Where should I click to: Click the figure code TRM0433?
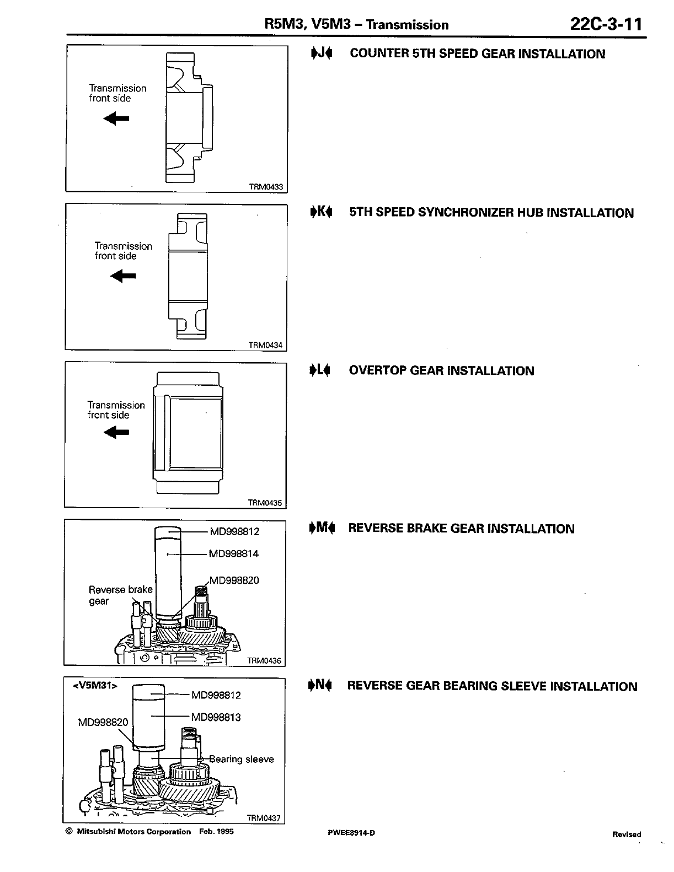pyautogui.click(x=266, y=187)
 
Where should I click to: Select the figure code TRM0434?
pyautogui.click(x=265, y=345)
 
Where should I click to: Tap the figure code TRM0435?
pyautogui.click(x=265, y=503)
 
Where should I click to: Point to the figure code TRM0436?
pyautogui.click(x=264, y=660)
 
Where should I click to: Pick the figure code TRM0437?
pyautogui.click(x=264, y=819)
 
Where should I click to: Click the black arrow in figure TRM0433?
pyautogui.click(x=116, y=117)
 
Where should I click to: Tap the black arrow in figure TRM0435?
pyautogui.click(x=116, y=433)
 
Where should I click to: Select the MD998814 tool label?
pyautogui.click(x=234, y=553)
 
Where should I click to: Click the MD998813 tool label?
pyautogui.click(x=216, y=717)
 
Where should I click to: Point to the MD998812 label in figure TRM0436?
pyautogui.click(x=234, y=531)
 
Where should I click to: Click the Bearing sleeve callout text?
pyautogui.click(x=242, y=759)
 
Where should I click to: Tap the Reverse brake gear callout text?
pyautogui.click(x=120, y=595)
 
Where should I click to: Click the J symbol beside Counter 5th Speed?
pyautogui.click(x=321, y=53)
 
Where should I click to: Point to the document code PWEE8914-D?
pyautogui.click(x=351, y=832)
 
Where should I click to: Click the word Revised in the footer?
pyautogui.click(x=627, y=834)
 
